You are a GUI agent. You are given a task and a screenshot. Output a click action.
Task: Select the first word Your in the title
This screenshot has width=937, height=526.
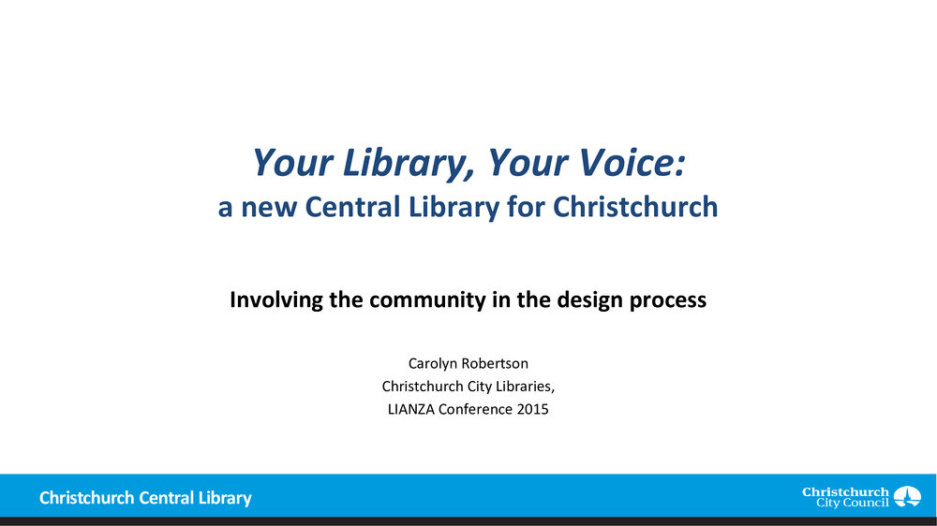(x=292, y=163)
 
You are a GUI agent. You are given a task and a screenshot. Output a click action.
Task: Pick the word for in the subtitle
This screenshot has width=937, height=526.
(x=526, y=207)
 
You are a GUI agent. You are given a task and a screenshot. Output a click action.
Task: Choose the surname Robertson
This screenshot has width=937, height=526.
(x=496, y=363)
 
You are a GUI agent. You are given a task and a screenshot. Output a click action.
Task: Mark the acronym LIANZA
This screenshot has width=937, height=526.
(x=411, y=410)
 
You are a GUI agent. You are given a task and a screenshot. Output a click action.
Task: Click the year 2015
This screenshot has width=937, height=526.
(x=532, y=410)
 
